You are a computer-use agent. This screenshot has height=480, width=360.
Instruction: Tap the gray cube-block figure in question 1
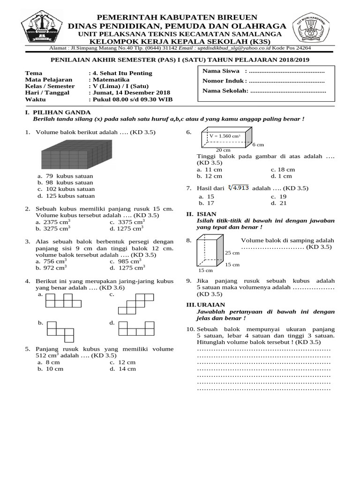77,155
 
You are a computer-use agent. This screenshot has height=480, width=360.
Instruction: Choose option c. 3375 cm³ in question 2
127,222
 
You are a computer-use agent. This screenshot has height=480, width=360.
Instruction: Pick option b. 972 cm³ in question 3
52,268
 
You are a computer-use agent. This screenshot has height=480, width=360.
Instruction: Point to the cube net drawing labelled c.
136,303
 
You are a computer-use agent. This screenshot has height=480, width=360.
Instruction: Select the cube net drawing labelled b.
60,331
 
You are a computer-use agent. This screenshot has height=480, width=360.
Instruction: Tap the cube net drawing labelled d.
136,328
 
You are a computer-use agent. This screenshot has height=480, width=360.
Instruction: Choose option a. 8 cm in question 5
49,362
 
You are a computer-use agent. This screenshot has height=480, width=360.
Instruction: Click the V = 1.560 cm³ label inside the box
225,136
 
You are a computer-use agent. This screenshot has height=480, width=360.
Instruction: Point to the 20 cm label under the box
223,150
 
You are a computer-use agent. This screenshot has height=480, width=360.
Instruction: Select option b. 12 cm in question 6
210,176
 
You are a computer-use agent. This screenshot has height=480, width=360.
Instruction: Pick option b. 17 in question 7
207,203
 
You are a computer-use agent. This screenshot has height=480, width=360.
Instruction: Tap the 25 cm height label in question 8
232,253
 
